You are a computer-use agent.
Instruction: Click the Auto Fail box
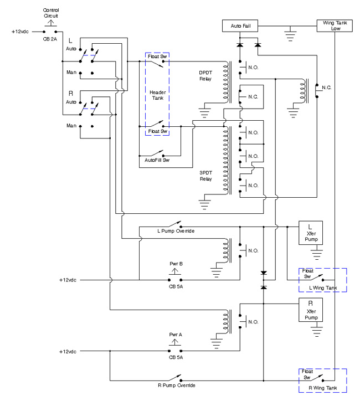tap(240, 26)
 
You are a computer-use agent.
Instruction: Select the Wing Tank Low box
tap(335, 26)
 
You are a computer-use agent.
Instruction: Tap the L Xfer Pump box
tap(311, 233)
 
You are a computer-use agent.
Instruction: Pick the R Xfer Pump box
tap(311, 310)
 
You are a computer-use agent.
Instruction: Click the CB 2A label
tap(50, 39)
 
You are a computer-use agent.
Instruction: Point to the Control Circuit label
tap(51, 13)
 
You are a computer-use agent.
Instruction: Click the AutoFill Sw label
tap(157, 160)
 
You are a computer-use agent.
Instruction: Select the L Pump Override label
tap(176, 231)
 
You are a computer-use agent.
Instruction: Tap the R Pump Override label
tap(177, 385)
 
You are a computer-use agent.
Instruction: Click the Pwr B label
tap(176, 264)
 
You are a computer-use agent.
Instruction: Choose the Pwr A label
tap(176, 335)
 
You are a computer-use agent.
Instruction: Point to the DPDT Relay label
tap(205, 76)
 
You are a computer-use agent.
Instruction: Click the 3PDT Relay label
tap(206, 176)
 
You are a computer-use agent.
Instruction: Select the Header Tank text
tap(158, 95)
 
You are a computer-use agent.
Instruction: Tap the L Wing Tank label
tap(323, 288)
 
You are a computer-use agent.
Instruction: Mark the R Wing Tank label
tap(323, 388)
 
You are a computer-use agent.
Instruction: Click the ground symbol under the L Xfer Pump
tap(317, 252)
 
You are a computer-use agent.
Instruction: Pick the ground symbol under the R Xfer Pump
tap(317, 329)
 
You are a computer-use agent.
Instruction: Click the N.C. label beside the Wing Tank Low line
tap(327, 88)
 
